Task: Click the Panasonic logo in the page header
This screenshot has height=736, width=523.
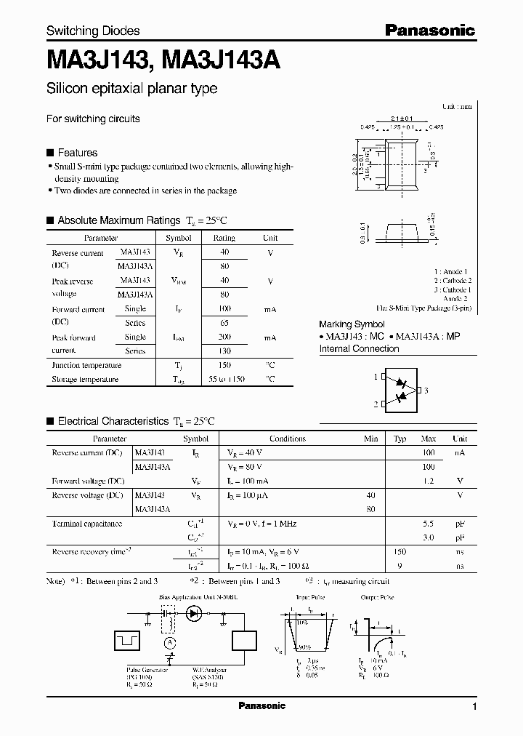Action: pyautogui.click(x=429, y=30)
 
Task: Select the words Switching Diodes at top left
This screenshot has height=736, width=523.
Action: pyautogui.click(x=93, y=31)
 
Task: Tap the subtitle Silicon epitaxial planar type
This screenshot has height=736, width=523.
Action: pyautogui.click(x=131, y=89)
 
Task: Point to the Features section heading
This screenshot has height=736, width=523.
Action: pyautogui.click(x=77, y=153)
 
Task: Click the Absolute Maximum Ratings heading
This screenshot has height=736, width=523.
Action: pyautogui.click(x=118, y=220)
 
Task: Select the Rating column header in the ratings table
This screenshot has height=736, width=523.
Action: pyautogui.click(x=224, y=238)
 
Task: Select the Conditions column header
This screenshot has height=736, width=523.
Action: pyautogui.click(x=288, y=439)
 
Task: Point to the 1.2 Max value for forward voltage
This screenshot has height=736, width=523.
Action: pyautogui.click(x=429, y=481)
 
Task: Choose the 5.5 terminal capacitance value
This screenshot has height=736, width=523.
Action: pyautogui.click(x=429, y=524)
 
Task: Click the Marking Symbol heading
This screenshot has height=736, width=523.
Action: pyautogui.click(x=352, y=324)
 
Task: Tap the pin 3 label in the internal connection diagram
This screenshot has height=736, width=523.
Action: pyautogui.click(x=426, y=391)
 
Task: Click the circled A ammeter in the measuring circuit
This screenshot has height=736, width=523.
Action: pyautogui.click(x=169, y=642)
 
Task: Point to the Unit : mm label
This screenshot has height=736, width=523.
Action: pyautogui.click(x=457, y=106)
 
